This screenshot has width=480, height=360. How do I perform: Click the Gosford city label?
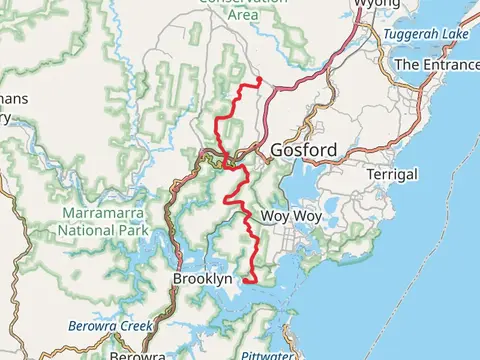point(303,151)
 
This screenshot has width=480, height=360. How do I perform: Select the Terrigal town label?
point(391,174)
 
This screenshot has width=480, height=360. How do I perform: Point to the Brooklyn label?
point(202,278)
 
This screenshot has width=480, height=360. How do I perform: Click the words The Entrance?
point(437,64)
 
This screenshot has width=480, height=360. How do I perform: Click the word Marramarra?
point(103,213)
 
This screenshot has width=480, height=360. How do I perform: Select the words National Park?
point(103,228)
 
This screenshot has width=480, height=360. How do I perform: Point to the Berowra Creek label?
point(108,326)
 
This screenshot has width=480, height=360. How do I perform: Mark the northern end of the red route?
point(259,79)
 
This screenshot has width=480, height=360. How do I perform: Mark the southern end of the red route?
point(245,281)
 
